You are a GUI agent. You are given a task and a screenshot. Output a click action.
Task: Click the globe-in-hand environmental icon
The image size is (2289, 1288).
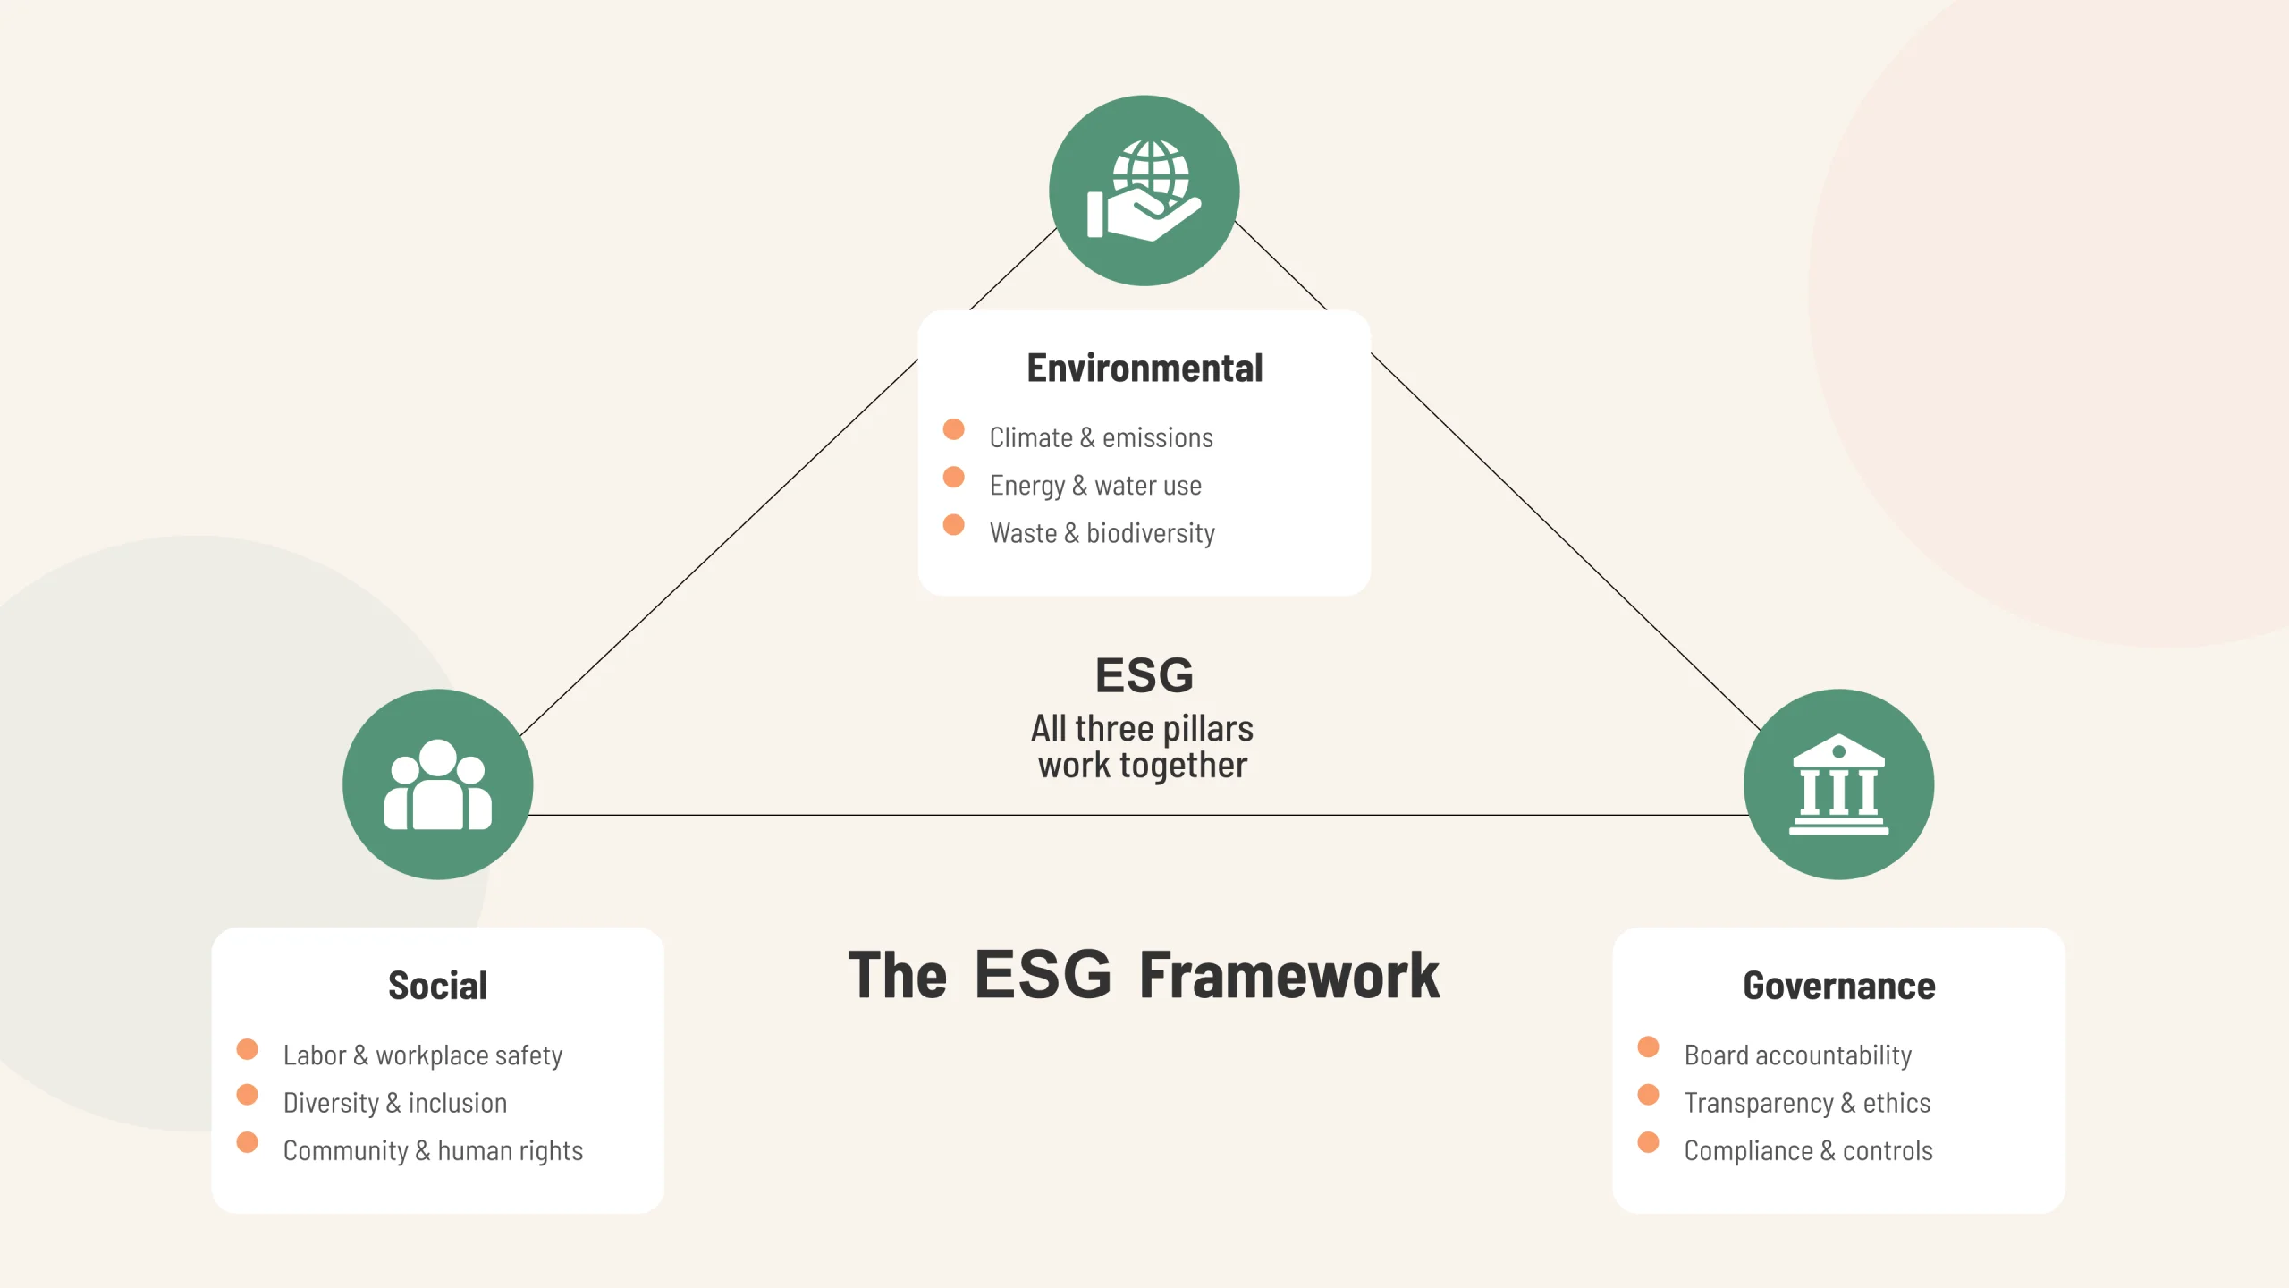(x=1144, y=191)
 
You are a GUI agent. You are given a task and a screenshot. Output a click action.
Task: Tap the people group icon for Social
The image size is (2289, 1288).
(x=437, y=784)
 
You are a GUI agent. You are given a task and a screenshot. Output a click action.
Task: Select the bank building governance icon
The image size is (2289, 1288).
(x=1838, y=784)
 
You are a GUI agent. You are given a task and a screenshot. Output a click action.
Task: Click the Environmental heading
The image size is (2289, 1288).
(x=1144, y=369)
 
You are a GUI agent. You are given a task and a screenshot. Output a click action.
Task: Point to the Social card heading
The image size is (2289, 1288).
(x=437, y=986)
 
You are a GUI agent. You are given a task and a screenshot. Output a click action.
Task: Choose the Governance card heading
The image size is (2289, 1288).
(x=1838, y=986)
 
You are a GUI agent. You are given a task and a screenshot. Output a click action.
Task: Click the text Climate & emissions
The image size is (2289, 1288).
(x=1101, y=437)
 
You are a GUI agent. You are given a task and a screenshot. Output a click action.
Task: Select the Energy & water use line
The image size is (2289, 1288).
(x=1095, y=485)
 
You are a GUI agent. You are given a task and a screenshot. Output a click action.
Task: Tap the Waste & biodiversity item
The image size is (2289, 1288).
(x=1102, y=533)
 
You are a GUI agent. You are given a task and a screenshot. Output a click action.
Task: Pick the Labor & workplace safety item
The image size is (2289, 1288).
(x=422, y=1055)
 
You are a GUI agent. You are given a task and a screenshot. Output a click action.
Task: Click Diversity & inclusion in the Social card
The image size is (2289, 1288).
(x=394, y=1103)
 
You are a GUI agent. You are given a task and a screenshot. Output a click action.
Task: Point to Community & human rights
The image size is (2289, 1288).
(x=433, y=1150)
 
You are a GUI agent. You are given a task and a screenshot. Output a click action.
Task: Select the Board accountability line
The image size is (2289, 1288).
(x=1797, y=1055)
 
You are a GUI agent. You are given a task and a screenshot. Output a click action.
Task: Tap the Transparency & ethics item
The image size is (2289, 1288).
(x=1807, y=1103)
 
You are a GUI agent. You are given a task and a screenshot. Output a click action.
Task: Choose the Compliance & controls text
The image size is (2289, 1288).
(x=1808, y=1150)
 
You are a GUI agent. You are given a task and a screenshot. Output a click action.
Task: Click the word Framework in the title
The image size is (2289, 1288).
(x=1288, y=975)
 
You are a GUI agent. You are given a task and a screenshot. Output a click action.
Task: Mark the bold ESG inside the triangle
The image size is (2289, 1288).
(x=1144, y=675)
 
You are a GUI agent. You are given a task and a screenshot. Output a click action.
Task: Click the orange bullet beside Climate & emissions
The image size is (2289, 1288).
(x=954, y=429)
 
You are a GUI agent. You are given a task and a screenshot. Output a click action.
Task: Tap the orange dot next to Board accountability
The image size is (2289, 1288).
(x=1648, y=1047)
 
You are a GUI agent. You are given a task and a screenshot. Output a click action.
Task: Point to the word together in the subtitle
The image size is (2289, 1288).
(x=1183, y=766)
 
